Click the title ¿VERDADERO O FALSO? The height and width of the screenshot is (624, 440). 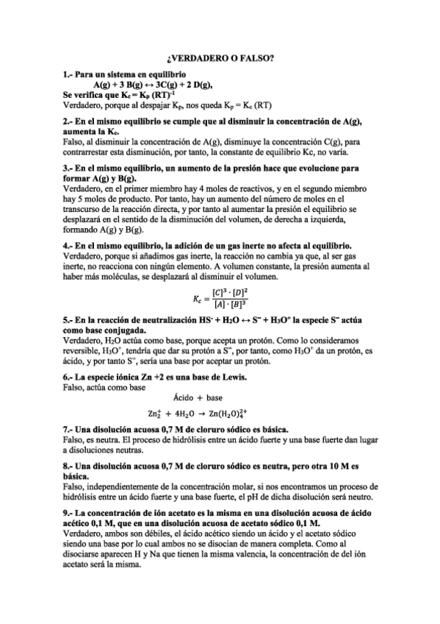220,58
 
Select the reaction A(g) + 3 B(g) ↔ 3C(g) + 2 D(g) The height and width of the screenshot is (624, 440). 151,85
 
